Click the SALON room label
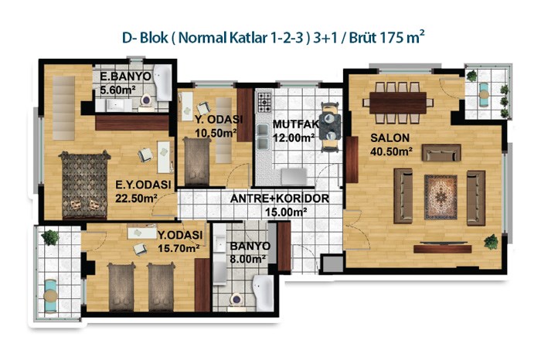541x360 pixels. coord(390,138)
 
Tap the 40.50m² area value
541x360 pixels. coord(392,151)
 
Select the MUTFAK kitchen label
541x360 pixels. coord(296,124)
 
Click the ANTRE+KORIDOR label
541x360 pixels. coord(280,199)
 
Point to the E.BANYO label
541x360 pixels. coord(125,76)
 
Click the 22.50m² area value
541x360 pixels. coord(136,199)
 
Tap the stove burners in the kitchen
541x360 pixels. coord(264,102)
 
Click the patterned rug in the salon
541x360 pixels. coord(441,197)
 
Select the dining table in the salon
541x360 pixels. coord(398,103)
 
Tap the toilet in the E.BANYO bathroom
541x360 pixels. coord(146,101)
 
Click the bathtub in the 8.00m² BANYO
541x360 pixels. coord(263,293)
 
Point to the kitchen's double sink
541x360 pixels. coord(263,137)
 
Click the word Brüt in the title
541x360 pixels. coord(363,37)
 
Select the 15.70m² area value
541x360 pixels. coord(179,248)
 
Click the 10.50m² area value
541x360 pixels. coord(216,133)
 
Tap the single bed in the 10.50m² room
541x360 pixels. coord(196,161)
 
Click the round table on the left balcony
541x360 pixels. coord(51,296)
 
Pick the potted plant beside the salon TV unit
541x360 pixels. coord(491,242)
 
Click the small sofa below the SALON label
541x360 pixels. coord(441,153)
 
